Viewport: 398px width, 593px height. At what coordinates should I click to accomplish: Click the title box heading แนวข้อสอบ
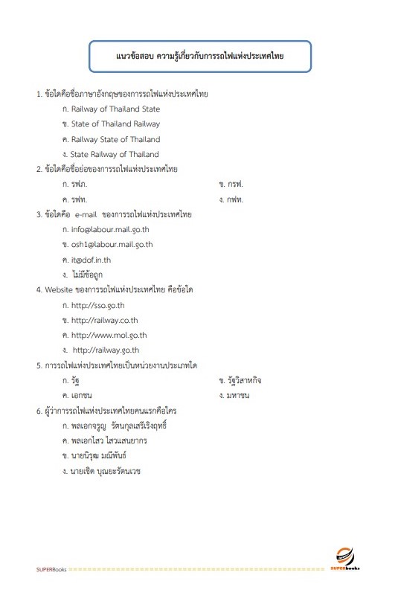[x=199, y=56]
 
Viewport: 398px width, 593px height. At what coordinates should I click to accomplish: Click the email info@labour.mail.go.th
[x=111, y=230]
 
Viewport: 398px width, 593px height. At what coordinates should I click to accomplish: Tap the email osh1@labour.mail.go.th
[x=112, y=245]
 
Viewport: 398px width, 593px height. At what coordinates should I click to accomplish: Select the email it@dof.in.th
[x=92, y=260]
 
